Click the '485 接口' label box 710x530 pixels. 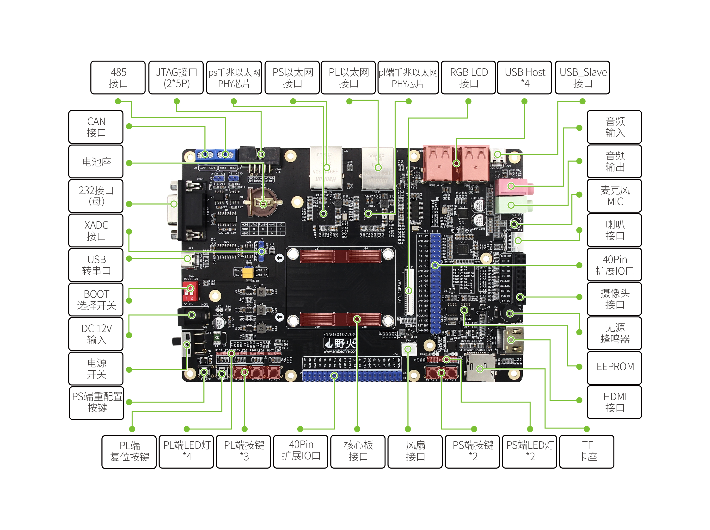pyautogui.click(x=118, y=78)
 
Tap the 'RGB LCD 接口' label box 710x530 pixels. pyautogui.click(x=468, y=78)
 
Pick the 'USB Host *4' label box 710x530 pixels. pyautogui.click(x=525, y=78)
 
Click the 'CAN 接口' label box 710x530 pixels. pyautogui.click(x=96, y=127)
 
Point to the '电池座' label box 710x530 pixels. pyautogui.click(x=96, y=161)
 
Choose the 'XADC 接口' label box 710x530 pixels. pyautogui.click(x=96, y=230)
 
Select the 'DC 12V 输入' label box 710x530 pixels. pyautogui.click(x=96, y=334)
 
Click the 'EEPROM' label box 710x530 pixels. pyautogui.click(x=614, y=367)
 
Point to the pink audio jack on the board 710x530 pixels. pyautogui.click(x=513, y=186)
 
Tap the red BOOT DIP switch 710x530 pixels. pyautogui.click(x=190, y=290)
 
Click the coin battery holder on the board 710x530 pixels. pyautogui.click(x=263, y=202)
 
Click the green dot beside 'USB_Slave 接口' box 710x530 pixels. pyautogui.click(x=582, y=101)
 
